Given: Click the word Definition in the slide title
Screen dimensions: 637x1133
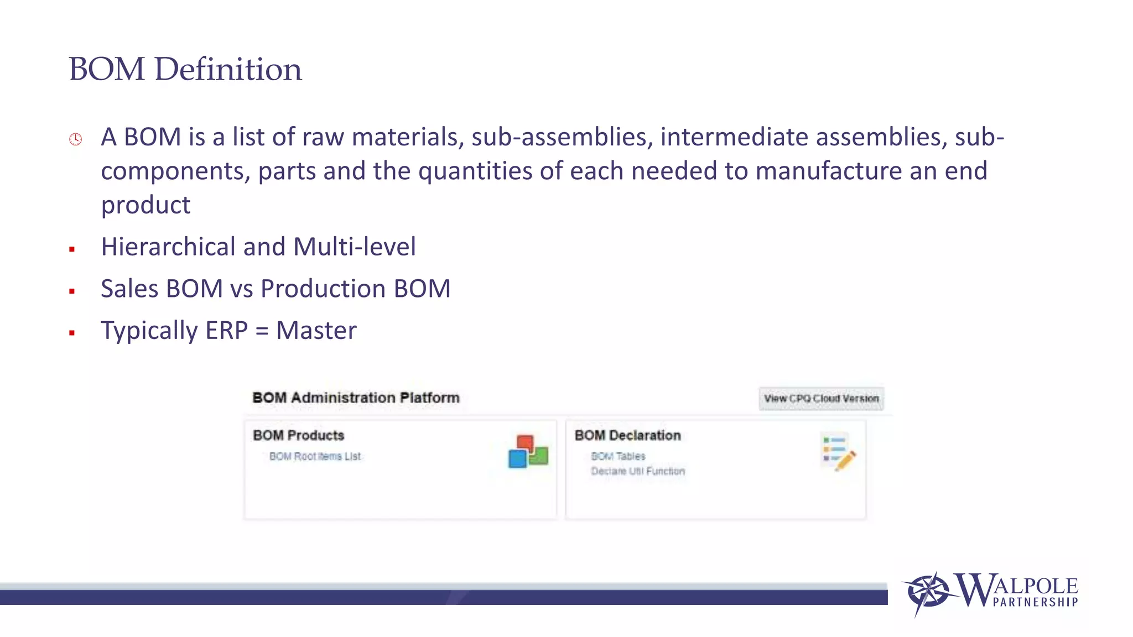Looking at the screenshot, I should coord(228,70).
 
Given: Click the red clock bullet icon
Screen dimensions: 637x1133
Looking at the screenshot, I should coord(76,139).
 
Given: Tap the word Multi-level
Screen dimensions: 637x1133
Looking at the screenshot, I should coord(354,247).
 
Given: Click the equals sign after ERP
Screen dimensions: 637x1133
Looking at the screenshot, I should coord(262,331).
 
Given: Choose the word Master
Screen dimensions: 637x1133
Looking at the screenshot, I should coord(316,331).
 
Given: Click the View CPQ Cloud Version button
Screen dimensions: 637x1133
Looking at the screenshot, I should coord(821,399).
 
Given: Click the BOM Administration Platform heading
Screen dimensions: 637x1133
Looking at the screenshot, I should coord(356,398).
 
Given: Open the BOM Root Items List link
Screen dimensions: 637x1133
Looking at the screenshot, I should coord(315,456).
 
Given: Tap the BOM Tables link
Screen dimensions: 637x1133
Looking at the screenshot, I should coord(618,456).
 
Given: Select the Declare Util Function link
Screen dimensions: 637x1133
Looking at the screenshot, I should coord(638,471).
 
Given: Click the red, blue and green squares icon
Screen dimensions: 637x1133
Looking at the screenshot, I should coord(528,451).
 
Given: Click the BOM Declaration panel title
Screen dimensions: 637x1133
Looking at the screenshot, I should coord(627,436).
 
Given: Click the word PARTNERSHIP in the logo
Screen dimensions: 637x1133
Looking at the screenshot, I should coord(1035,602).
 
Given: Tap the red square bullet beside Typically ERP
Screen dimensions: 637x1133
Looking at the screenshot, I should coord(72,333).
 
